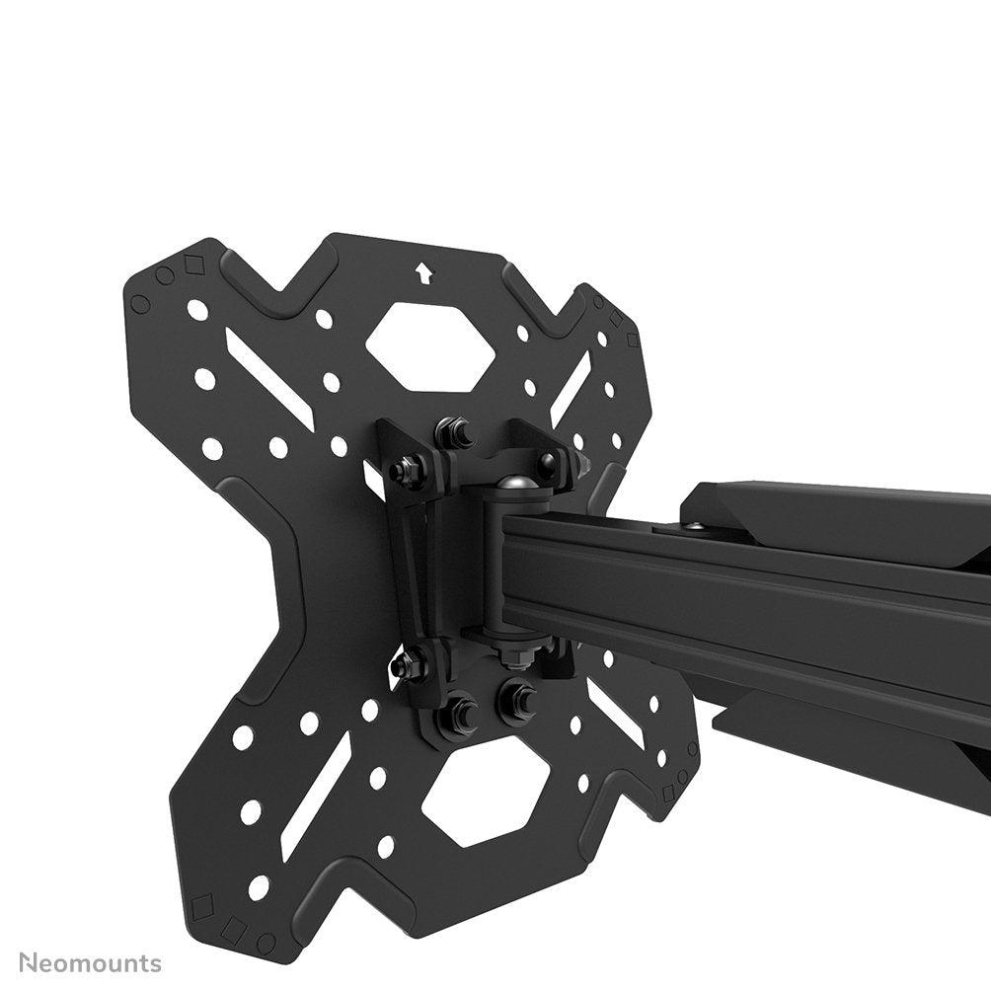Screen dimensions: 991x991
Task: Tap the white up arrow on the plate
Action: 423,270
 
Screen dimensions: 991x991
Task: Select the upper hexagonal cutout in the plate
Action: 430,345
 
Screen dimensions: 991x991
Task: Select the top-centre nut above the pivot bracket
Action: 456,432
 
